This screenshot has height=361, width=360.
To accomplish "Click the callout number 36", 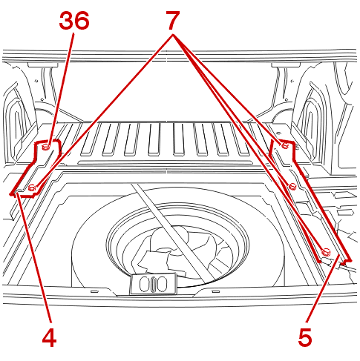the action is [x=74, y=21].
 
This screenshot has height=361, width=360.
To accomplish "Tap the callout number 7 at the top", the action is [x=172, y=20].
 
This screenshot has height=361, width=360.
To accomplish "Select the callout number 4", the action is [x=49, y=337].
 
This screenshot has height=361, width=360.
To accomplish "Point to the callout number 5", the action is [x=305, y=337].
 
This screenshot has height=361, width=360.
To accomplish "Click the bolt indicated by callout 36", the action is [x=46, y=147].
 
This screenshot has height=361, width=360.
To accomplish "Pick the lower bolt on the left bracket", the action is [x=32, y=188].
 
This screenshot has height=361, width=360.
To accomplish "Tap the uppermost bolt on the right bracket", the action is [x=284, y=145].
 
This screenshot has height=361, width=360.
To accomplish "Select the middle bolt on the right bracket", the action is [x=292, y=186].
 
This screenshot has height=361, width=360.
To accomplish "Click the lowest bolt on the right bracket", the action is [x=325, y=252].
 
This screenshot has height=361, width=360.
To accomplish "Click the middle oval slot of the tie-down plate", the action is [x=154, y=284].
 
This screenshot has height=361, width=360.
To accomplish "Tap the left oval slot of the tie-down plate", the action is [x=144, y=284].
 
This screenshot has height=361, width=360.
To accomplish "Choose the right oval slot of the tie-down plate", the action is [x=163, y=284].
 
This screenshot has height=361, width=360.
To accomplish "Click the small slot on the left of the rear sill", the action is [x=94, y=291].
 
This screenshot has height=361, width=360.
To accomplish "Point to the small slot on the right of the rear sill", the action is [x=216, y=291].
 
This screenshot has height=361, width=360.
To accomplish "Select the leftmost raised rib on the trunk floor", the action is [x=90, y=139].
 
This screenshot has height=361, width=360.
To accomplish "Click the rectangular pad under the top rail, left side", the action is [x=42, y=64].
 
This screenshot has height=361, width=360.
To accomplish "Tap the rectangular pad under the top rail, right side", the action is [x=286, y=64].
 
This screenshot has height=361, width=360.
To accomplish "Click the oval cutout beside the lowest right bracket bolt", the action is [x=326, y=260].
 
